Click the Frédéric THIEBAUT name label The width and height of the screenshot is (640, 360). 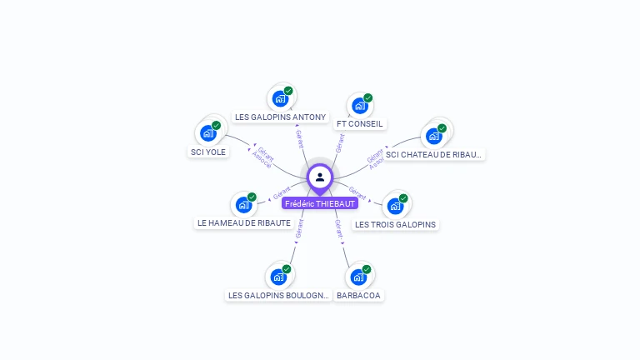(320, 203)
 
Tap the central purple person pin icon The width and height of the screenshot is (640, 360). (320, 177)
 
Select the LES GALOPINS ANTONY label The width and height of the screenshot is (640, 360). (280, 117)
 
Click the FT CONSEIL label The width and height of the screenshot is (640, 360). (360, 124)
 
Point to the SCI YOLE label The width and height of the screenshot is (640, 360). (208, 152)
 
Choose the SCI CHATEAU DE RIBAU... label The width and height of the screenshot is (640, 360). (434, 154)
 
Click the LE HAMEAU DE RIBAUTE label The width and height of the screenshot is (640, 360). (244, 223)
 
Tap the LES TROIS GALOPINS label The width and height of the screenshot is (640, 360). (395, 224)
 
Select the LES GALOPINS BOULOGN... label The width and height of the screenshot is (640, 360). (279, 295)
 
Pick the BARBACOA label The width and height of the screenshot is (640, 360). (358, 295)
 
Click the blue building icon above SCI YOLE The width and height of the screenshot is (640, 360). (208, 132)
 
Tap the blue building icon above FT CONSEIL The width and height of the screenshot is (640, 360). (359, 105)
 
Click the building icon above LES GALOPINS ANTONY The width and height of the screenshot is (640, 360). (280, 97)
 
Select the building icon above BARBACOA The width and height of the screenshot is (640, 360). (358, 276)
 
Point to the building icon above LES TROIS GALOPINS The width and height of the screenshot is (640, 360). (395, 205)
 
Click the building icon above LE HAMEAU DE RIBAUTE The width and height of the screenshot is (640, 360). (243, 204)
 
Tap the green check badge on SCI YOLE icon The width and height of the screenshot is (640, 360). (216, 126)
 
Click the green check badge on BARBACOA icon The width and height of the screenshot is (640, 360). (367, 269)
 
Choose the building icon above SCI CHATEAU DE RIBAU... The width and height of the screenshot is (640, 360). (433, 135)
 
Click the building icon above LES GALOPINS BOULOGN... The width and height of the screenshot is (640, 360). (279, 276)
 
